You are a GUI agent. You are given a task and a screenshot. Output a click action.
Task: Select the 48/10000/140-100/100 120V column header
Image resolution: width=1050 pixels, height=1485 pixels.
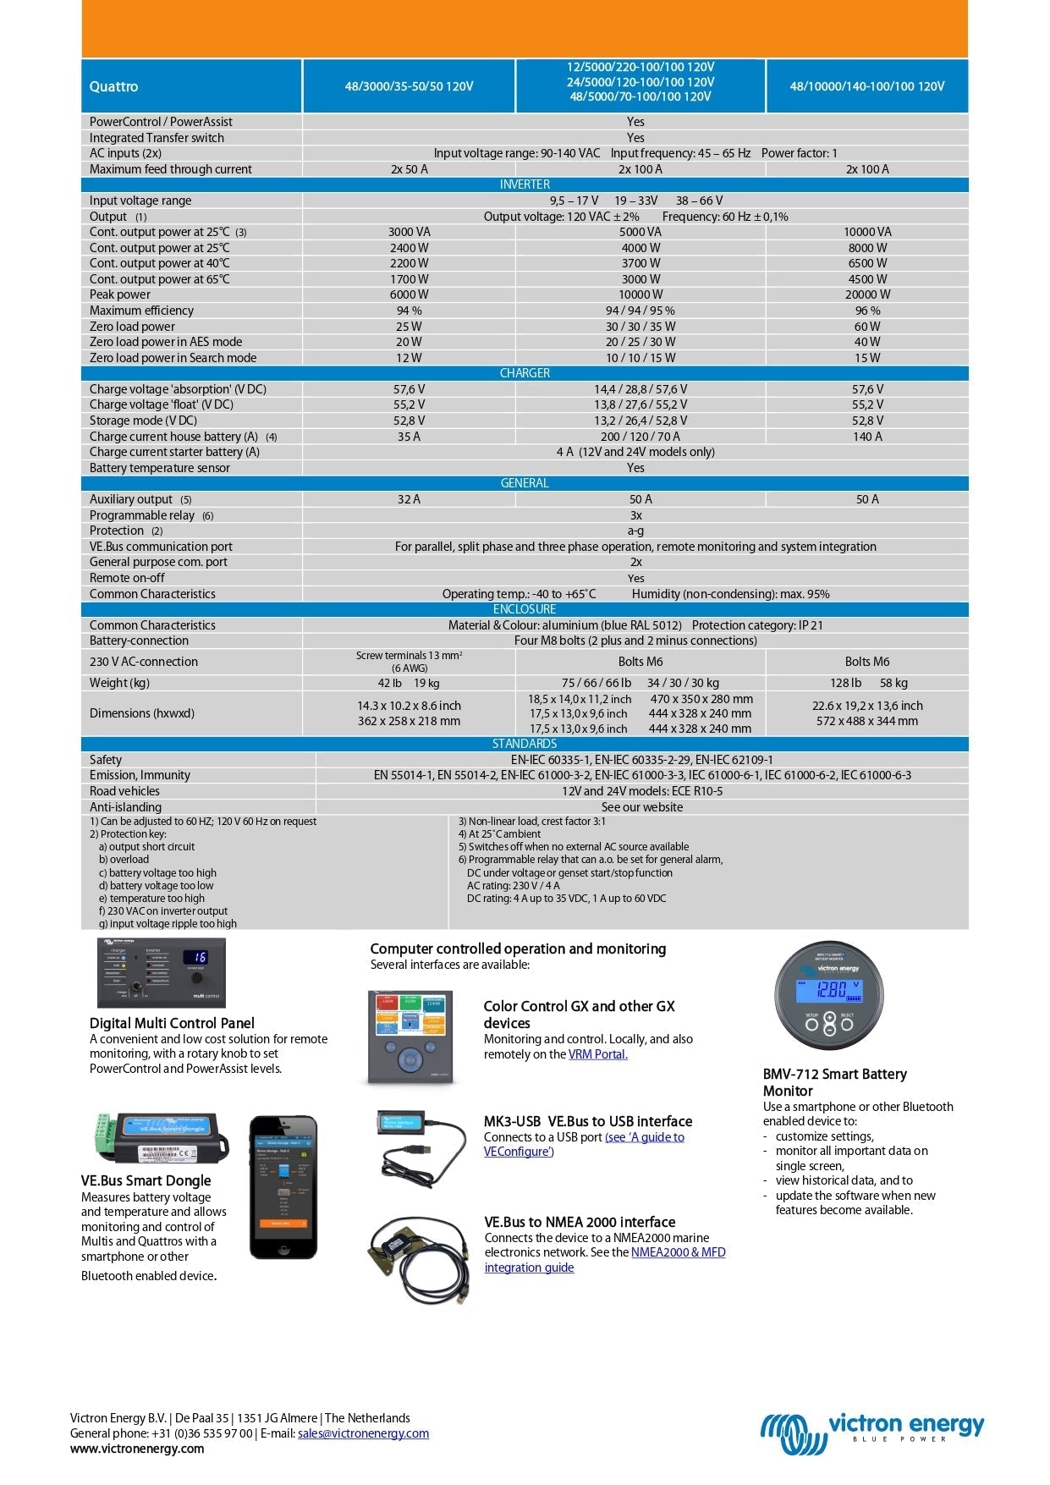(866, 86)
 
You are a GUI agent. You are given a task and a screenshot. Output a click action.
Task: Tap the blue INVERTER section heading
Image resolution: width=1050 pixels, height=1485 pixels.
(525, 184)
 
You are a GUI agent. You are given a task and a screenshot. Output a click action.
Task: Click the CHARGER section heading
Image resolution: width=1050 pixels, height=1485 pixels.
(525, 373)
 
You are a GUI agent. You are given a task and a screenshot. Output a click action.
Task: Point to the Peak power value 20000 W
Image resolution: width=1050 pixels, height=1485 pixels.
(867, 294)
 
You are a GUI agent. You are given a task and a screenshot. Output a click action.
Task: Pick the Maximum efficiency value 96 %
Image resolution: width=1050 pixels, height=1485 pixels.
(867, 311)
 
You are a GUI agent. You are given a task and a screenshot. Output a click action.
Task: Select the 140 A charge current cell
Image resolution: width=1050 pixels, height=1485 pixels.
(867, 437)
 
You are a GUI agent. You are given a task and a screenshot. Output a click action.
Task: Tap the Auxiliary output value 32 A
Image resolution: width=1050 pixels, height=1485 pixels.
(409, 499)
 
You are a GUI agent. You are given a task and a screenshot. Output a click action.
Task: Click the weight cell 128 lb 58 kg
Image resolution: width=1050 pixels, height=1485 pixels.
(867, 683)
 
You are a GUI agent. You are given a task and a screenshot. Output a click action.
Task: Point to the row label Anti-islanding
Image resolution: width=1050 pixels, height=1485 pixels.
(125, 807)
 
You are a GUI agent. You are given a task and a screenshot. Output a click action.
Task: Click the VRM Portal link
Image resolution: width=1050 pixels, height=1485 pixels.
(597, 1054)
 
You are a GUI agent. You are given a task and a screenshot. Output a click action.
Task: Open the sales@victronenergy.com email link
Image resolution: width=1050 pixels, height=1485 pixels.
(363, 1433)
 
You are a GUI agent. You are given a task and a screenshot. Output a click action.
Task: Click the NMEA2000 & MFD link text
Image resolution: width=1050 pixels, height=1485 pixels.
(678, 1252)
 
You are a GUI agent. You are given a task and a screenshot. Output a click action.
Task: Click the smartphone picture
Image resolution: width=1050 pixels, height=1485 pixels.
(283, 1187)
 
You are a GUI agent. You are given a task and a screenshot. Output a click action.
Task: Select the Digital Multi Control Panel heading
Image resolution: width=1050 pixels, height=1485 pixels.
(172, 1023)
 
